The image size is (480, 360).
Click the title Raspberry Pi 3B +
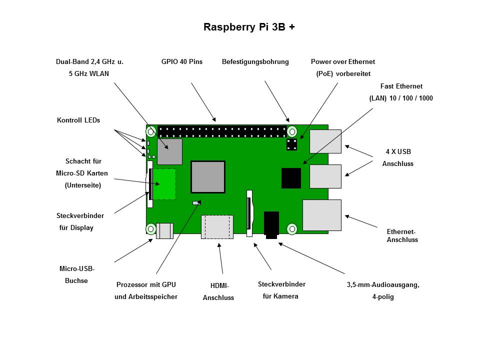pos(248,27)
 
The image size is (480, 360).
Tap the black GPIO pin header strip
pos(222,132)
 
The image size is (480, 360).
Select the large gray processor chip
pos(207,177)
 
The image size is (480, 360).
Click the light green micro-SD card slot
pos(163,184)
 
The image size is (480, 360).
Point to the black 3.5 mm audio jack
pos(271,224)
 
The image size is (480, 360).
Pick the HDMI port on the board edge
pos(217,227)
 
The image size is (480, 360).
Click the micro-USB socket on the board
pos(164,230)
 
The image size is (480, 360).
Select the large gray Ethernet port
pos(321,215)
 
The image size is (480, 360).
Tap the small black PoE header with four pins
pos(291,144)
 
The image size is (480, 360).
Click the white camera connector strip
pos(248,212)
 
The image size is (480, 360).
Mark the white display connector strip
pos(149,184)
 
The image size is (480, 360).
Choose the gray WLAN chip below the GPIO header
pos(169,151)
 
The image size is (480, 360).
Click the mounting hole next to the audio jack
pos(292,228)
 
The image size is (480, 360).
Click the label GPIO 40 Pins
pos(181,62)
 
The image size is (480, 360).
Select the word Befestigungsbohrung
pos(255,62)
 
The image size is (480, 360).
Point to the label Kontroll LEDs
pos(78,120)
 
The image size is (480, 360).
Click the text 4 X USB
pos(398,151)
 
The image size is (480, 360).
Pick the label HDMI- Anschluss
pos(218,291)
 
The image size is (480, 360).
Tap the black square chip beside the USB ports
pos(291,178)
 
